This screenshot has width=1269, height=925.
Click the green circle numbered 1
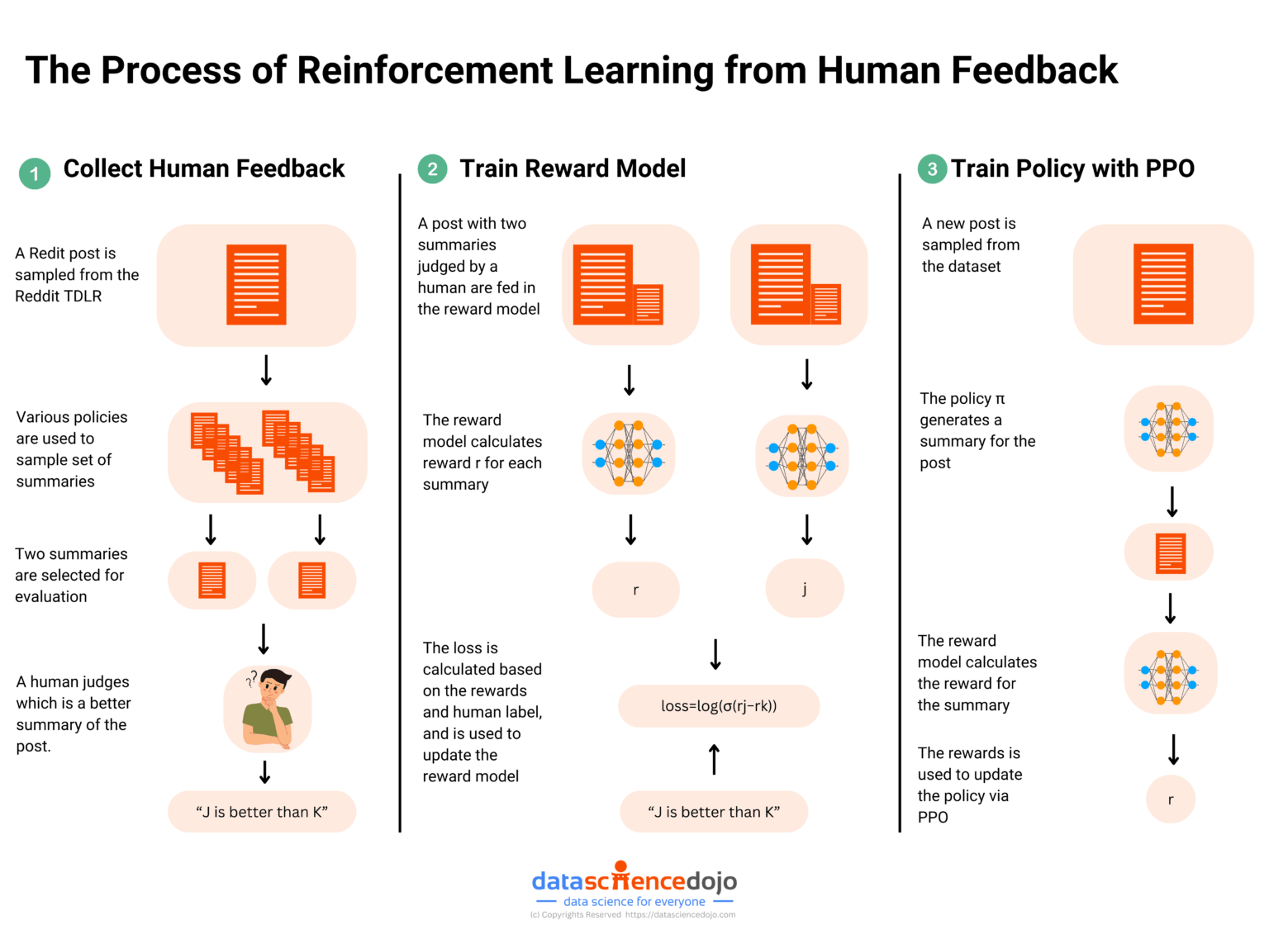tap(35, 173)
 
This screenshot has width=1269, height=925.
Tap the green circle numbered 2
tap(432, 168)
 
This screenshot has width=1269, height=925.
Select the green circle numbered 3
tap(932, 168)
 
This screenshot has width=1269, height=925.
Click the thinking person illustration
tap(268, 709)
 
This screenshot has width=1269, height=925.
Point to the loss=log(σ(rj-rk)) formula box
tap(719, 706)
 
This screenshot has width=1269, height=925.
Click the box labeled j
tap(805, 588)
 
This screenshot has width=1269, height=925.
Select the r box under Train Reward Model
tap(635, 590)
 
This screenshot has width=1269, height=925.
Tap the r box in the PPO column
tap(1171, 799)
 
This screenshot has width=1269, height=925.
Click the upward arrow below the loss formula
tap(715, 759)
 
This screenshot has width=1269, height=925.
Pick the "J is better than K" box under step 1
tap(262, 812)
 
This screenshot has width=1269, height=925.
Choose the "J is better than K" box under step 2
tap(714, 812)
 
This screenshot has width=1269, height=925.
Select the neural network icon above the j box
tap(802, 456)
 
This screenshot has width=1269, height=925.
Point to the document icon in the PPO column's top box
tap(1163, 283)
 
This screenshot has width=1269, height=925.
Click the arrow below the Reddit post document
tap(266, 371)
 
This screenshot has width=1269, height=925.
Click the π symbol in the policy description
tap(1000, 399)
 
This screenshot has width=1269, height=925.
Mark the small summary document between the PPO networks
tap(1171, 553)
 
